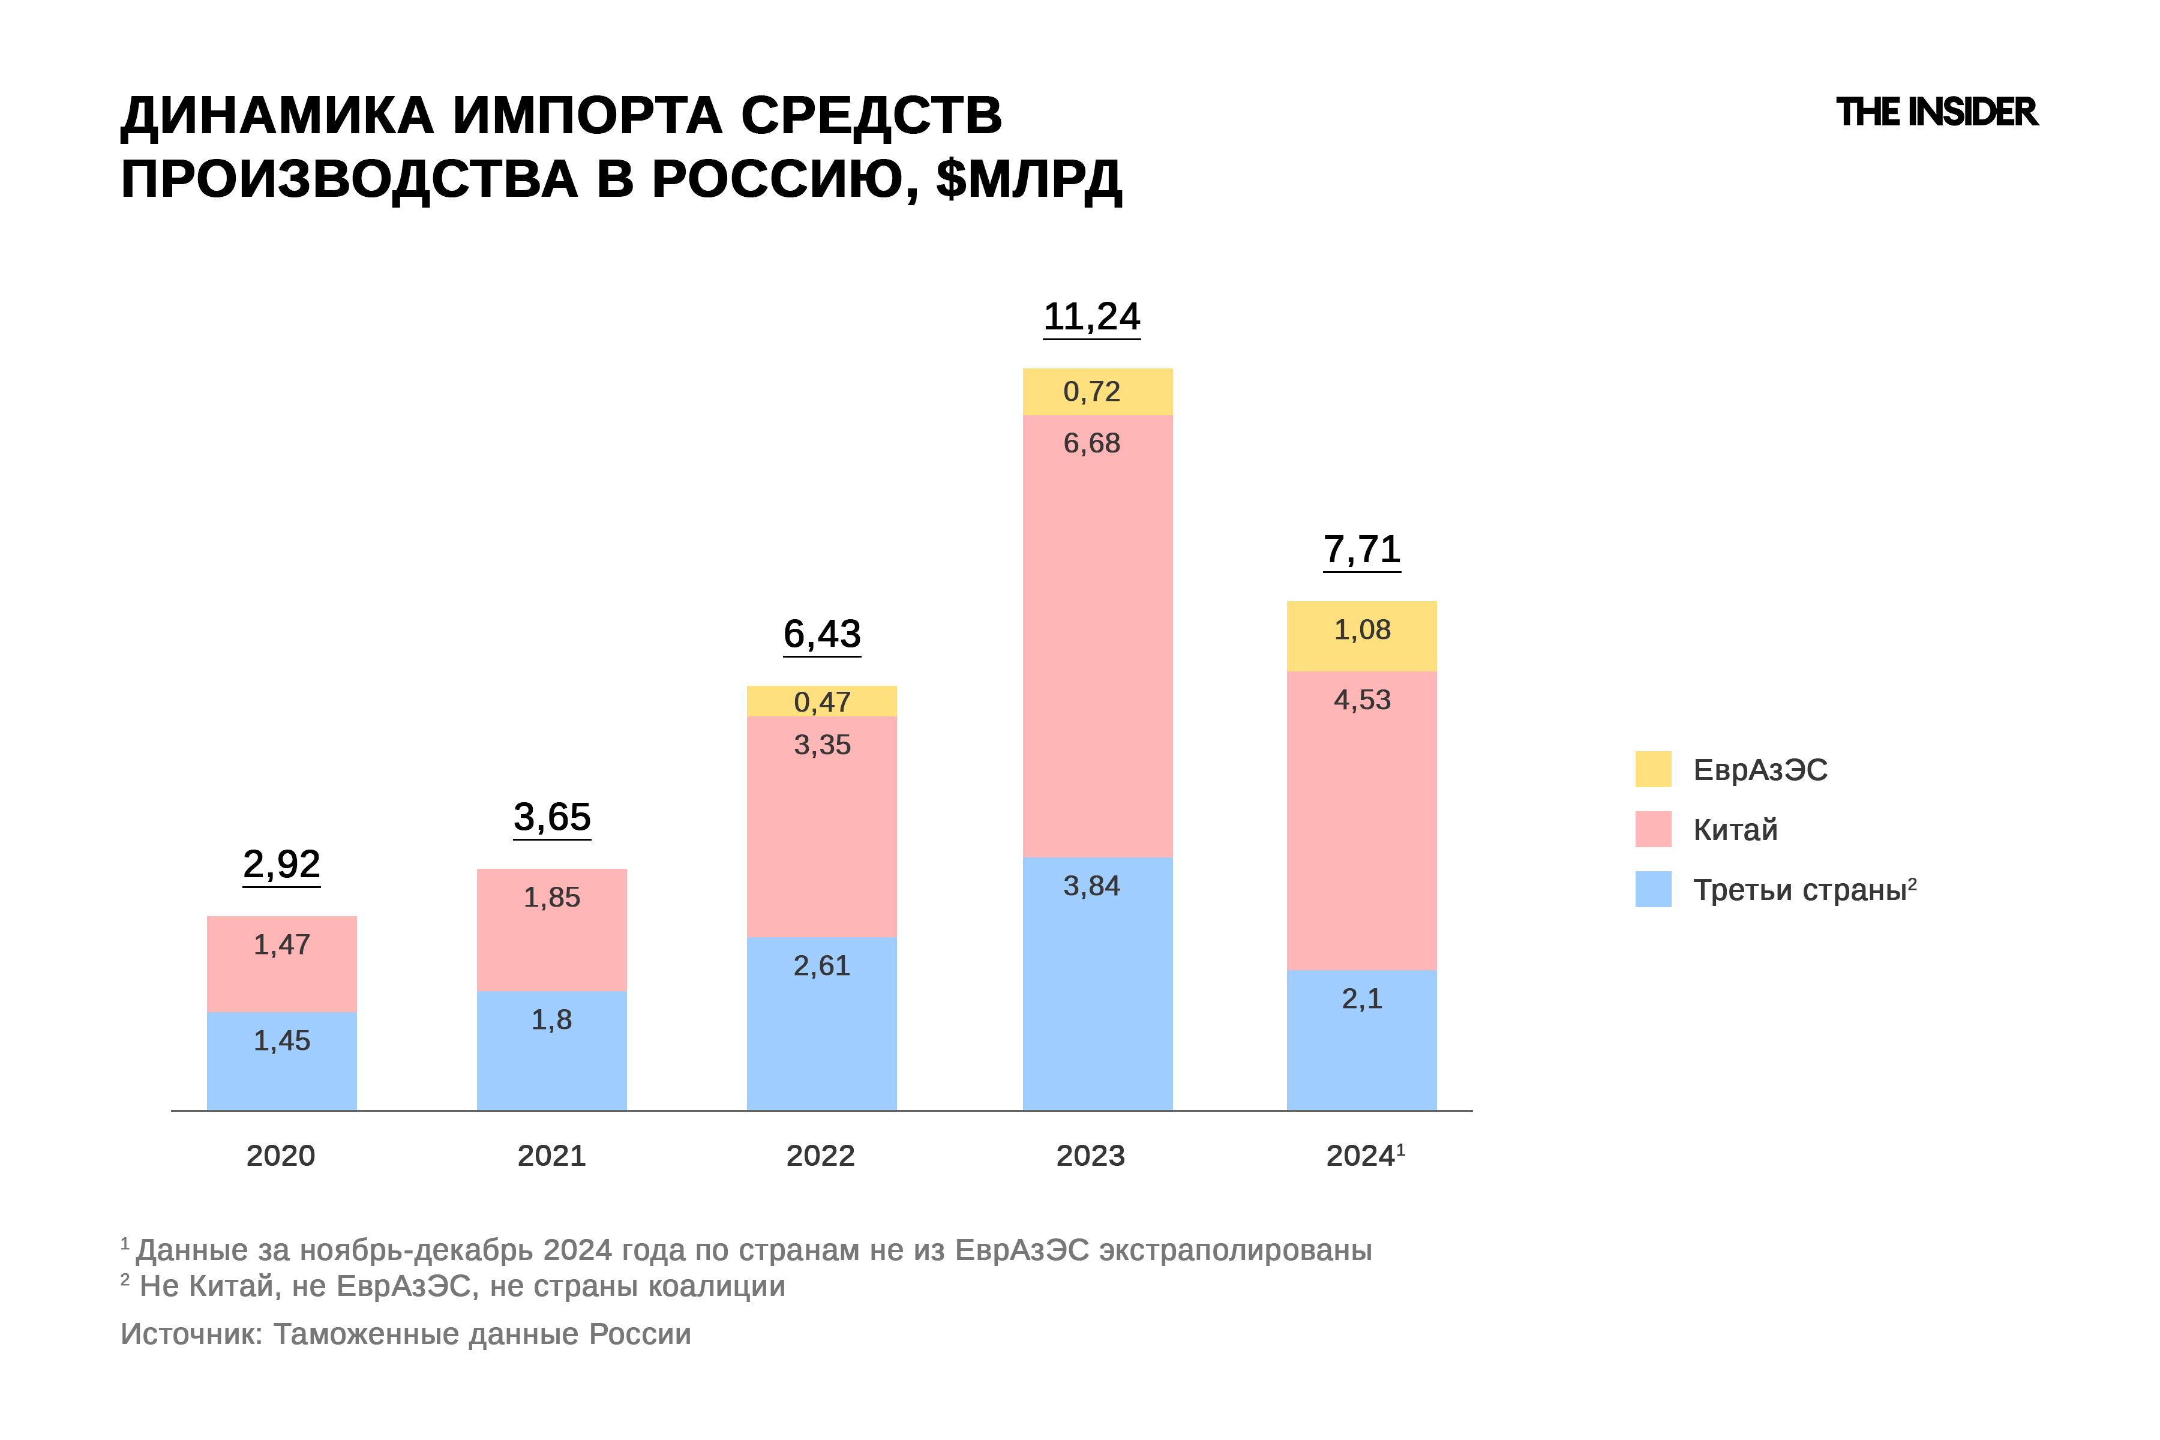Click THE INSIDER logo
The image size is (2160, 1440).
pyautogui.click(x=1936, y=112)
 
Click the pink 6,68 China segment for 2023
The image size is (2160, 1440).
pyautogui.click(x=1097, y=635)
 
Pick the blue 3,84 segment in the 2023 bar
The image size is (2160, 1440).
pyautogui.click(x=1097, y=983)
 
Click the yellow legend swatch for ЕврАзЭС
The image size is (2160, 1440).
pyautogui.click(x=1652, y=769)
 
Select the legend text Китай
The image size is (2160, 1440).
pyautogui.click(x=1735, y=829)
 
